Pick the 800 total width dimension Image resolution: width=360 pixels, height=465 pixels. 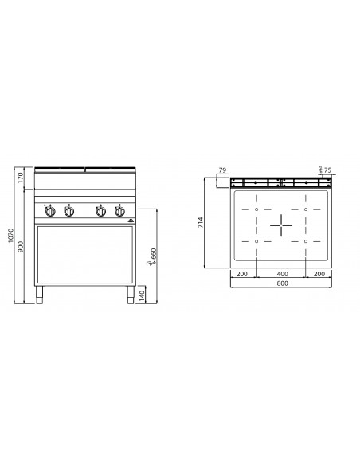point(280,283)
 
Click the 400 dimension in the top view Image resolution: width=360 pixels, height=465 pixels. point(280,273)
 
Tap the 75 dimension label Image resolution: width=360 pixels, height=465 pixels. point(327,169)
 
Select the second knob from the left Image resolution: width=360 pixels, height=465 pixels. point(68,212)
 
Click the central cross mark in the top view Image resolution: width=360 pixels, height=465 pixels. point(280,225)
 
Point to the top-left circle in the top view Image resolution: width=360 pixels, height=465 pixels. point(256,197)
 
